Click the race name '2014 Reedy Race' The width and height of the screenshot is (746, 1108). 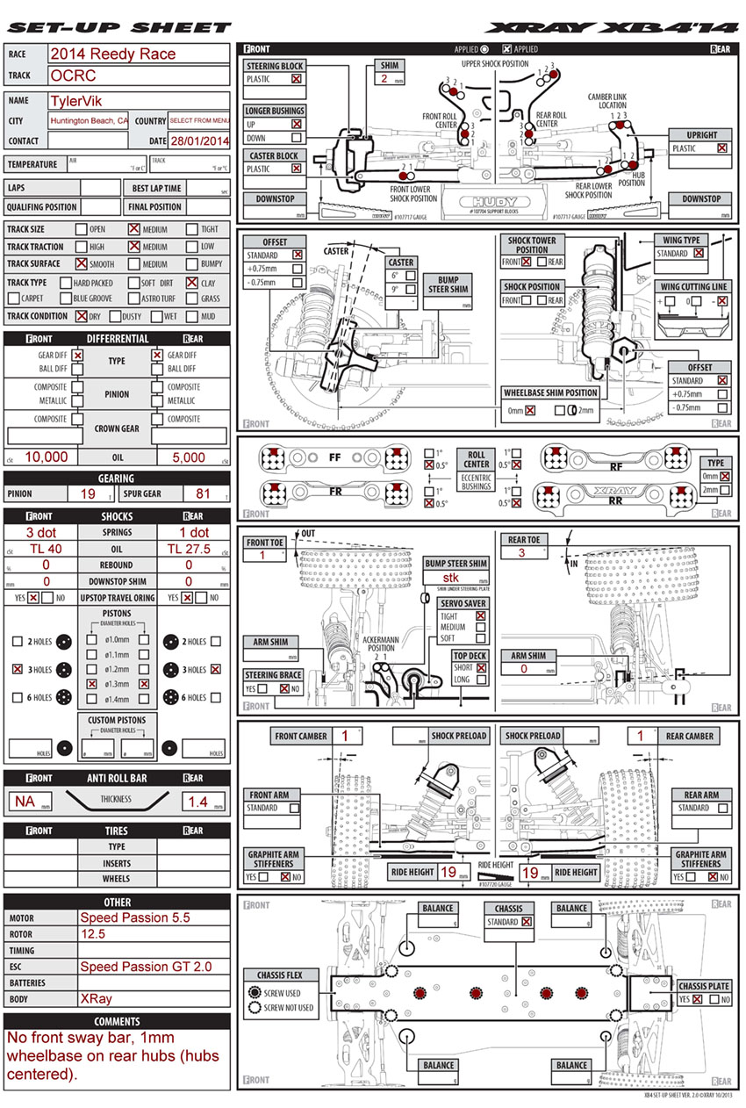[112, 54]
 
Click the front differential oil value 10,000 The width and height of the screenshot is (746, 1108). [47, 457]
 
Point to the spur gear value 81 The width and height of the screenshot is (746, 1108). [203, 494]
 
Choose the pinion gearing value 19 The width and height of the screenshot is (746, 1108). [88, 494]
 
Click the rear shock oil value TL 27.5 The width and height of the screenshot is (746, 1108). [189, 549]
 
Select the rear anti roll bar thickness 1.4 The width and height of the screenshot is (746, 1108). [197, 801]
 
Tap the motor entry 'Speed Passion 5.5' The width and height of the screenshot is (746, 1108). [135, 917]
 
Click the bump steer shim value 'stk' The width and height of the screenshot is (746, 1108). [451, 578]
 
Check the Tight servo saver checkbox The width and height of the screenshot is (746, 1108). [481, 616]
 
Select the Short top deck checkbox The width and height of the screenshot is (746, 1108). [481, 668]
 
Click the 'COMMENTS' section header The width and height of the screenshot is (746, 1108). [118, 1022]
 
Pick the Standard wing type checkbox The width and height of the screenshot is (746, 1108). [699, 254]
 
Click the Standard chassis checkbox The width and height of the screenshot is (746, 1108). [527, 922]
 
